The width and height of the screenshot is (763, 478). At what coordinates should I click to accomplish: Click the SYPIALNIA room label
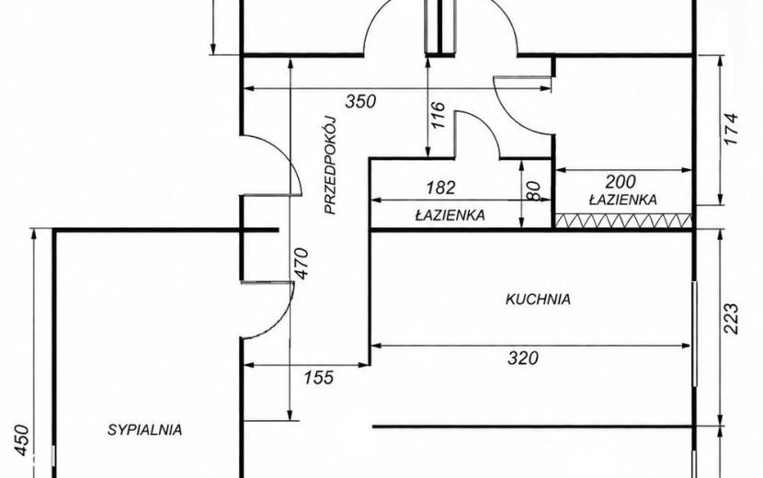(x=145, y=430)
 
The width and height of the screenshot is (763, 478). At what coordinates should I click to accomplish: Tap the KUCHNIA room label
(x=538, y=299)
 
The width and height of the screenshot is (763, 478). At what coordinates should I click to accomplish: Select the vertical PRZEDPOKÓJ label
(x=330, y=165)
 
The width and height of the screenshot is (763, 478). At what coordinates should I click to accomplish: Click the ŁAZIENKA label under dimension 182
(x=450, y=215)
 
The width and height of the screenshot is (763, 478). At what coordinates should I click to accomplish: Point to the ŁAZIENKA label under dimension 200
(x=623, y=199)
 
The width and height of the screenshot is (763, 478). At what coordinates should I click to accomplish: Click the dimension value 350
(x=360, y=101)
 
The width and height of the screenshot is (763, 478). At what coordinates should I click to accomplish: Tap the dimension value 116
(x=438, y=115)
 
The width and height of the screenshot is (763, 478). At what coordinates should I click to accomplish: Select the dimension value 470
(x=302, y=263)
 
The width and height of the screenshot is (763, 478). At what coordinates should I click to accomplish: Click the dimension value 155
(x=319, y=377)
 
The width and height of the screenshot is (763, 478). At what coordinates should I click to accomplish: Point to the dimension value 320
(x=523, y=358)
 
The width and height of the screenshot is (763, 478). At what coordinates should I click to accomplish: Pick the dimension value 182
(x=440, y=188)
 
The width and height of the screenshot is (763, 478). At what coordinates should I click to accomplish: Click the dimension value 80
(x=533, y=190)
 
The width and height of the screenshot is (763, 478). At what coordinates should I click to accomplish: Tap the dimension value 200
(x=621, y=182)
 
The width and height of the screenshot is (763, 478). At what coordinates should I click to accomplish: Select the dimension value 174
(x=731, y=129)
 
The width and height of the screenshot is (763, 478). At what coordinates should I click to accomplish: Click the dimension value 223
(x=731, y=319)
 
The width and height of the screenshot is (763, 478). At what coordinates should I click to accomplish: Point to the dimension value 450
(x=22, y=441)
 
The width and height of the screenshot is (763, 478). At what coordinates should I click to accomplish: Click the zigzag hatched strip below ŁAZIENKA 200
(x=624, y=221)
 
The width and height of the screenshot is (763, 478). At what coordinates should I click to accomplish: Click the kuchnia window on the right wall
(x=694, y=334)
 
